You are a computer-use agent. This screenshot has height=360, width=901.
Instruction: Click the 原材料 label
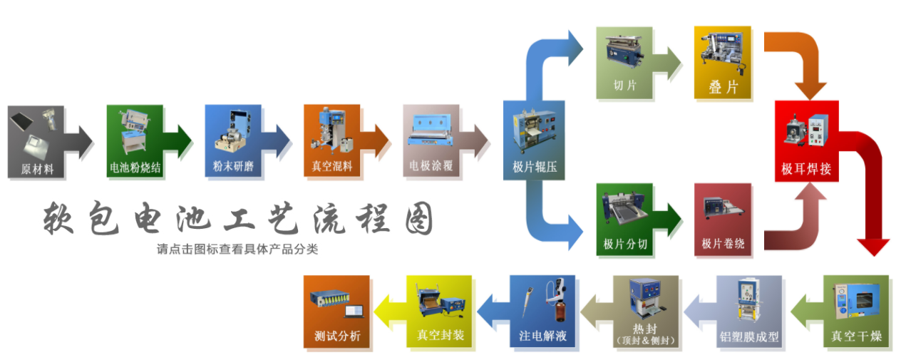tap(37, 170)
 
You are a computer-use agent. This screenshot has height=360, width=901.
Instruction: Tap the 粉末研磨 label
tap(232, 168)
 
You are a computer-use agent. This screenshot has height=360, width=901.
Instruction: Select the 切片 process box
tap(624, 62)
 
